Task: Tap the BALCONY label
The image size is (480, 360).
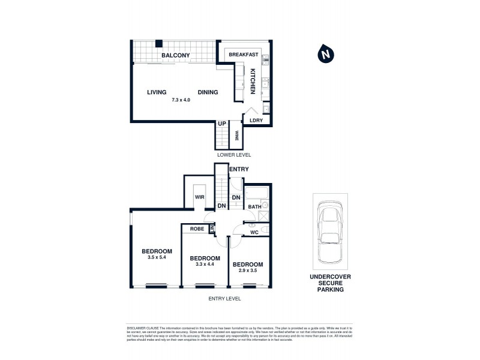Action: tap(176, 56)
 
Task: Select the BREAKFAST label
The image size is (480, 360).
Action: tap(244, 55)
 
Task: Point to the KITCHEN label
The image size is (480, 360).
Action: tap(253, 81)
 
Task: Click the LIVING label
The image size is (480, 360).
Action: tap(157, 92)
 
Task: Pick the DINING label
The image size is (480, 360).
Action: tap(208, 92)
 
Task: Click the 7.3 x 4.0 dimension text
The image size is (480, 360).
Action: tap(181, 100)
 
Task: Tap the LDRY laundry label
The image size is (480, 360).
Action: tap(256, 121)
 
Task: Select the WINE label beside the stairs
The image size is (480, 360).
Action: tap(237, 136)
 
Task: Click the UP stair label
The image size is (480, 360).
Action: tap(222, 124)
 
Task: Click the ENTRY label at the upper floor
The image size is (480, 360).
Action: tap(238, 170)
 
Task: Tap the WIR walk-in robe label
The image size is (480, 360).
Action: tap(200, 197)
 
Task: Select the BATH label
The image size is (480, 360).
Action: tap(254, 207)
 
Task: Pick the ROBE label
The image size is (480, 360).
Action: tap(197, 229)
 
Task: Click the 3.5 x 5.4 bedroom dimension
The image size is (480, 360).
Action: tap(157, 258)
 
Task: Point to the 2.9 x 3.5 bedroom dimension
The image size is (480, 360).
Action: tap(248, 271)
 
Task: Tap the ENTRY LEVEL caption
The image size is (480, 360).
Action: tap(223, 298)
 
